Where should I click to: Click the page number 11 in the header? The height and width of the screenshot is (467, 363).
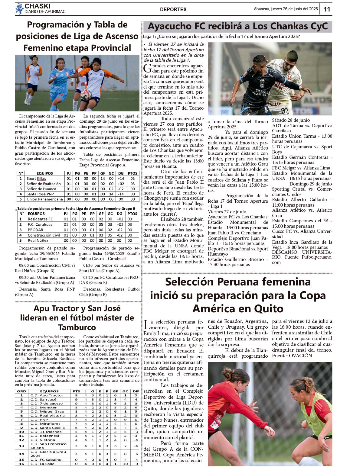point(327,9)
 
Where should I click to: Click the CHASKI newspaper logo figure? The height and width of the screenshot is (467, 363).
point(20,9)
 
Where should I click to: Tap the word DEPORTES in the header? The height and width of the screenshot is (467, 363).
point(173,9)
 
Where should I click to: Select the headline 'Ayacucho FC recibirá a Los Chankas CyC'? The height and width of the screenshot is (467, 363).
point(237,27)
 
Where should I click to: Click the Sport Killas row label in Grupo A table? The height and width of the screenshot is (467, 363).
point(36,179)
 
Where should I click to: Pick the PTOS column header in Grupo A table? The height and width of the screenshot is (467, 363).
point(132,173)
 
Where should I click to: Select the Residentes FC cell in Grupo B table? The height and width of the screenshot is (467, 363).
point(40,219)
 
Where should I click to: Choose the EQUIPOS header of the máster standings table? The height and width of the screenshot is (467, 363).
point(49,391)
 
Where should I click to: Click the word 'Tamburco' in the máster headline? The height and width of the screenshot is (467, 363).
point(77,327)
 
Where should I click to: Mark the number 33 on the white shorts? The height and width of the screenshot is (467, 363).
point(284,111)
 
